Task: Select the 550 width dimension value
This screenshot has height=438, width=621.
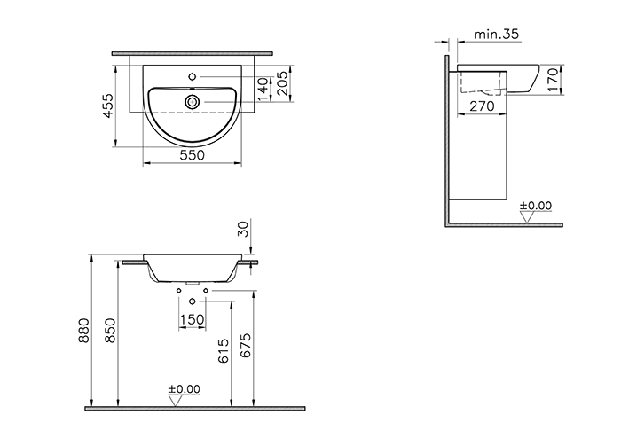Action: [x=193, y=155]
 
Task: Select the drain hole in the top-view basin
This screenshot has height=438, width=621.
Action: [x=193, y=102]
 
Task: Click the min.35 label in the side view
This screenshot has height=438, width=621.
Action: [x=496, y=34]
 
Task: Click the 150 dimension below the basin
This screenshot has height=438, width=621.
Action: [x=193, y=319]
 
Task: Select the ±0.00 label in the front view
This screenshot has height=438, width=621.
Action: [x=185, y=389]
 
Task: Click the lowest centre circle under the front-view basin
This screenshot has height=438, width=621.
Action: [x=192, y=303]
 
